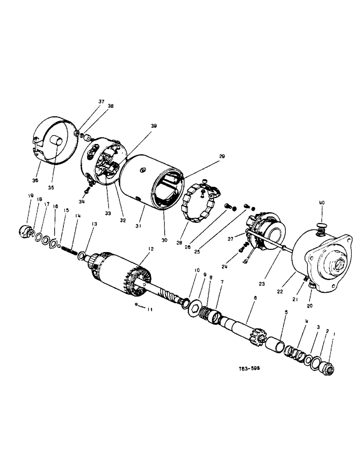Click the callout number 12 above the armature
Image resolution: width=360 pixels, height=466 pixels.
pyautogui.click(x=151, y=250)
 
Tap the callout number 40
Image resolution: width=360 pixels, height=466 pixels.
pyautogui.click(x=321, y=203)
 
